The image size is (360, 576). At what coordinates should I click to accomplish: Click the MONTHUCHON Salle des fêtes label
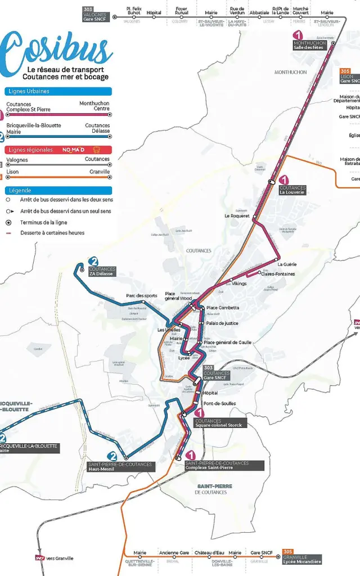pos(309,46)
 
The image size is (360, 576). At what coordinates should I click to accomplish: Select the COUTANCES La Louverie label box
pos(292,190)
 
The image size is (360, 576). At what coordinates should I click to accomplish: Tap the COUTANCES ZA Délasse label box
pos(102,271)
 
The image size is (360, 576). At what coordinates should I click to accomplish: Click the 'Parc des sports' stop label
pos(142,296)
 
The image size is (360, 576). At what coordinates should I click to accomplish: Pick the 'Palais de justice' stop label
pos(222,323)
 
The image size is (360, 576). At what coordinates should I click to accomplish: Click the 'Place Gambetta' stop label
pos(223,308)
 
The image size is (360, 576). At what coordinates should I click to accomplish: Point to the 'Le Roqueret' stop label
pos(237,215)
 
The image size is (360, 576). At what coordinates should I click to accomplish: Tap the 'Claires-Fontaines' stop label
pos(278,274)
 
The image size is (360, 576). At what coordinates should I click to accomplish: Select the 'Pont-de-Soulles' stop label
pos(220,403)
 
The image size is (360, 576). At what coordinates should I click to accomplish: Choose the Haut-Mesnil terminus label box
pos(120,466)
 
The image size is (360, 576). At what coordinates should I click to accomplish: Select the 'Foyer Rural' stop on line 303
pos(181,11)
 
